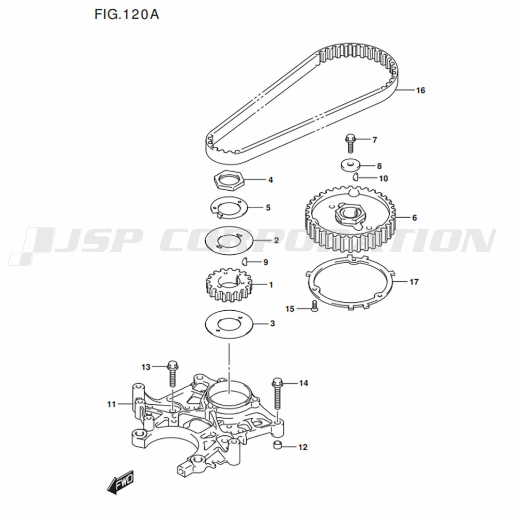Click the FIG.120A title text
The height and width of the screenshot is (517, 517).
(x=127, y=14)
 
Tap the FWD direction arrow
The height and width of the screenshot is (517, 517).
(x=120, y=482)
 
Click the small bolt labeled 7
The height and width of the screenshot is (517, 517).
(x=349, y=143)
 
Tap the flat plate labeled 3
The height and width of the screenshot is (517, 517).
(x=229, y=324)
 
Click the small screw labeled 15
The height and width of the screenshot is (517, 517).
(x=314, y=306)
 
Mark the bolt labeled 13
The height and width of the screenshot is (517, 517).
(x=173, y=373)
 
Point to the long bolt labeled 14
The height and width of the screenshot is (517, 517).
(x=277, y=393)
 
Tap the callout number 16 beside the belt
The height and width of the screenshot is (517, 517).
(x=420, y=90)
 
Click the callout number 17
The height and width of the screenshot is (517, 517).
(x=414, y=282)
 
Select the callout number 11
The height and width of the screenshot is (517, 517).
(x=112, y=404)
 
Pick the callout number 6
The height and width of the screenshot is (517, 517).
(x=414, y=218)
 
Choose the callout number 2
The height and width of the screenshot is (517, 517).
(x=276, y=240)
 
